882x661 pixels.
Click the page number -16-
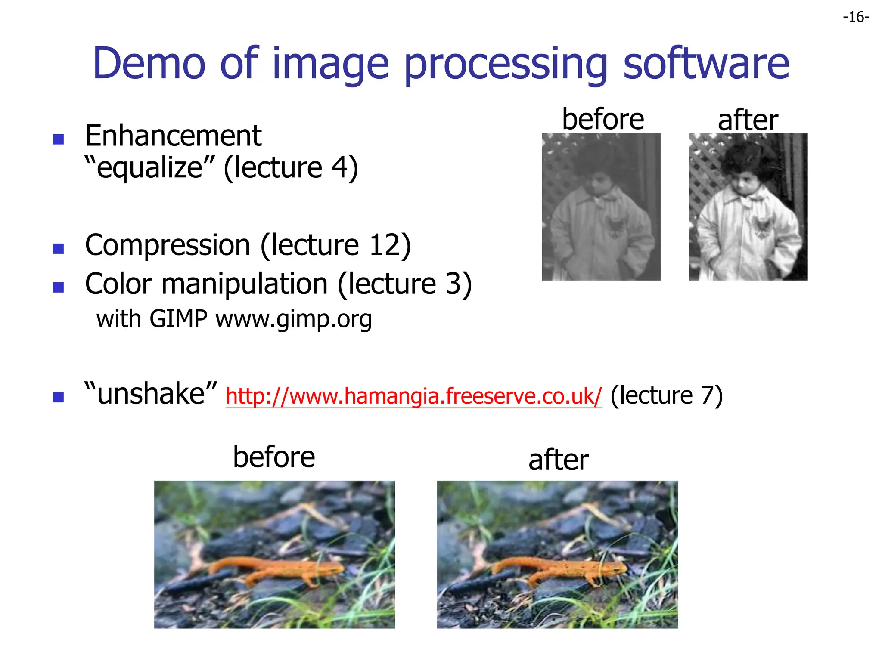click(x=856, y=17)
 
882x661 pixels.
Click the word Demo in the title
click(x=149, y=64)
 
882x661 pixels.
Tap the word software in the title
click(x=706, y=64)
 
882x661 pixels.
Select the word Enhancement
click(x=173, y=136)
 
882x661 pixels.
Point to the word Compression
click(x=168, y=245)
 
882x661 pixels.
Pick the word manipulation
click(x=245, y=284)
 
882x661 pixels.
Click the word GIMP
click(x=178, y=319)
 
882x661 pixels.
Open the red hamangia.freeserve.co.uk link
click(x=413, y=396)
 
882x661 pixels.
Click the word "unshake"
click(x=151, y=394)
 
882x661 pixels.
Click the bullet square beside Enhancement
click(x=59, y=139)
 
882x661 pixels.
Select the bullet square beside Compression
click(x=59, y=249)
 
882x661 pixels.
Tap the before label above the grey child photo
click(x=603, y=119)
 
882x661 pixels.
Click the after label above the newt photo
click(x=558, y=460)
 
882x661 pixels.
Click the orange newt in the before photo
click(x=276, y=568)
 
